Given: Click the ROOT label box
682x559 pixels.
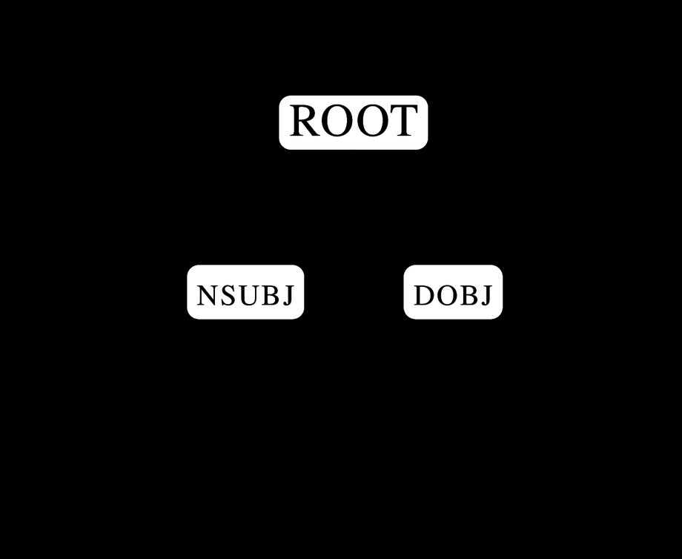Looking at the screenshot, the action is click(353, 122).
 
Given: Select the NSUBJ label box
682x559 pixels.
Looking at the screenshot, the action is click(245, 292).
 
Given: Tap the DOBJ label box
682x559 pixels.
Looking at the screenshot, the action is click(453, 292).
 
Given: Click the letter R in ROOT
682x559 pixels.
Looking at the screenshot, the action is click(305, 121).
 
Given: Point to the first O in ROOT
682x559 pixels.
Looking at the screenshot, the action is click(337, 121).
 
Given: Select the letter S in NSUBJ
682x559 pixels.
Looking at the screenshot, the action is click(228, 295).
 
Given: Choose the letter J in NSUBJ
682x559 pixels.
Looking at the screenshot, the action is click(288, 296).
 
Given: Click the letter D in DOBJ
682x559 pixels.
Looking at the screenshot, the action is click(424, 295).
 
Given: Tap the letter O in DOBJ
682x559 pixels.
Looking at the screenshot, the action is click(447, 295).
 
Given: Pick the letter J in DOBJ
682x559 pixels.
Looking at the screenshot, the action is click(486, 296).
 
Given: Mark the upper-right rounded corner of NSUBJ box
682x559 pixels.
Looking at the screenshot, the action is click(301, 268).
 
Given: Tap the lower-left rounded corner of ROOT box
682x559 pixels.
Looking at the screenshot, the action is click(282, 147).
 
